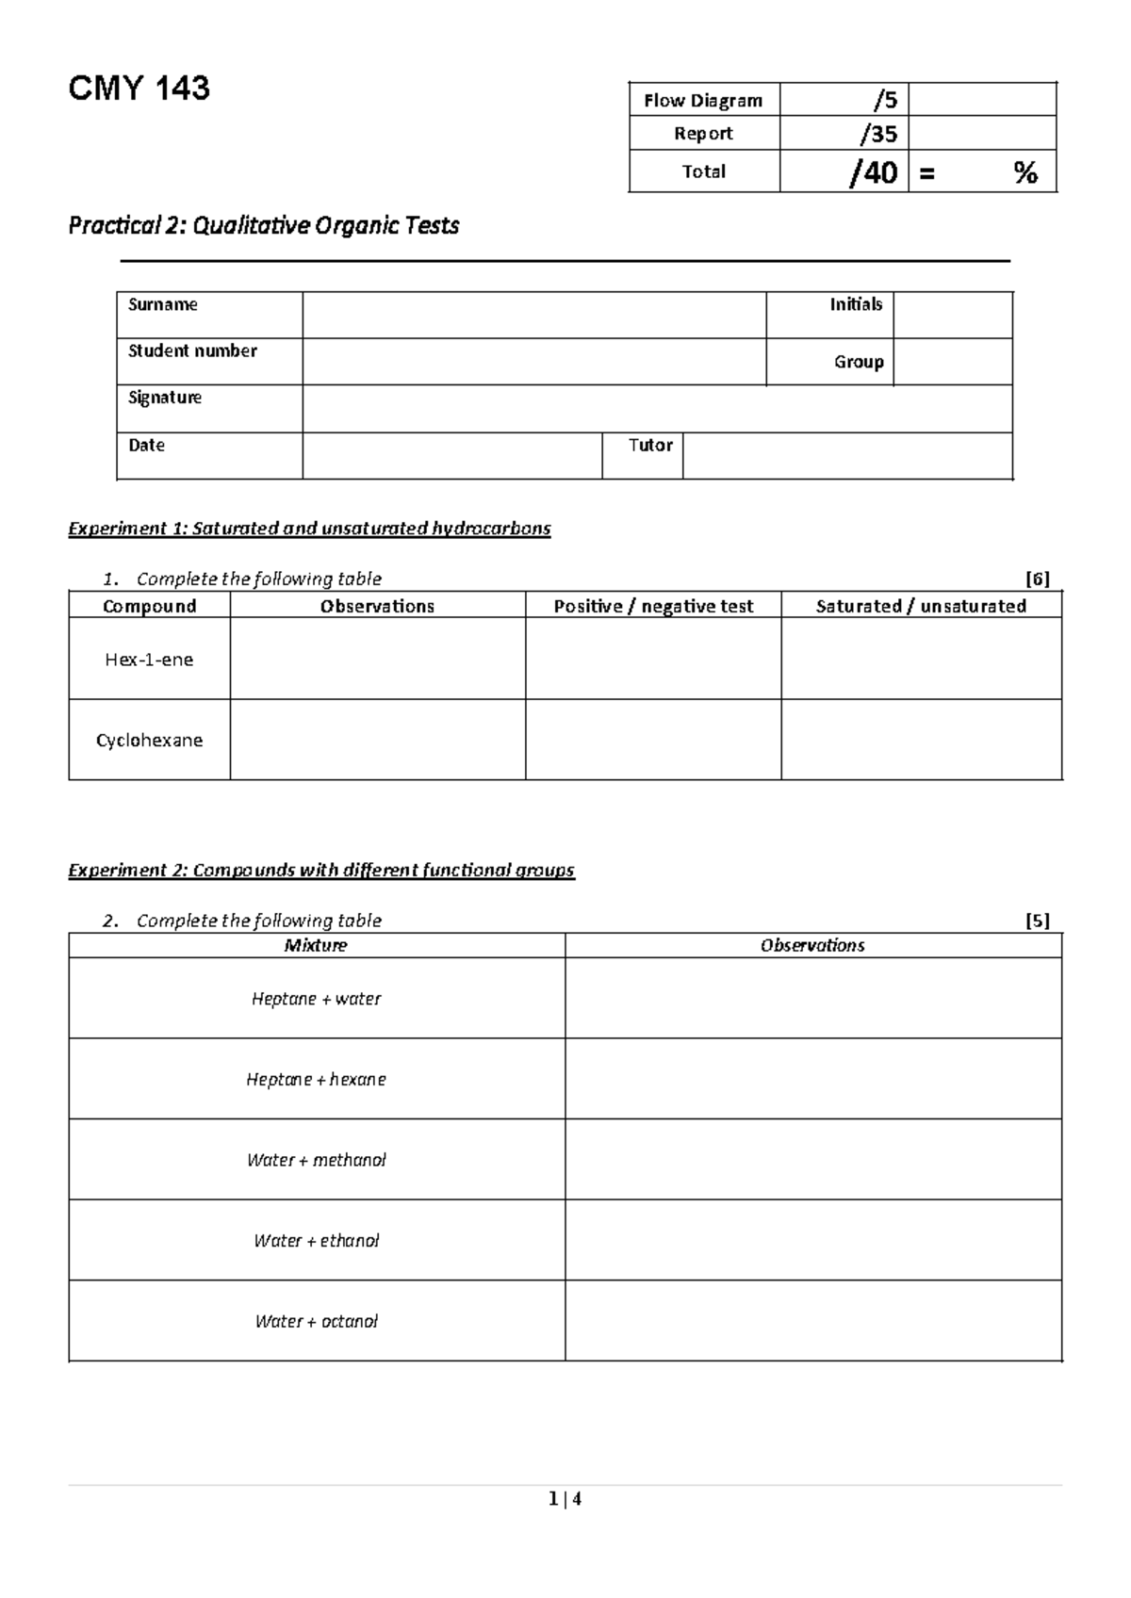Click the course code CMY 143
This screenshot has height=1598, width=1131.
[x=139, y=89]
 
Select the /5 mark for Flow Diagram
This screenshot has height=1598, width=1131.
[x=884, y=100]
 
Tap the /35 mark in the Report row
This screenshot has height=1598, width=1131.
[x=877, y=134]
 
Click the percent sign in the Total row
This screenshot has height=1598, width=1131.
[x=1025, y=172]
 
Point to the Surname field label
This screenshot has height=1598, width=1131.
[x=163, y=304]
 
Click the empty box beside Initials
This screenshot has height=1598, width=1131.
[x=952, y=315]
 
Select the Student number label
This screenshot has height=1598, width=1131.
[x=192, y=351]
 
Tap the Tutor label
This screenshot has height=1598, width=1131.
[x=650, y=445]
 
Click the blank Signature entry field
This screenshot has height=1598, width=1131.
[x=657, y=409]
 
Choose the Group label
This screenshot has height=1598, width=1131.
[x=858, y=362]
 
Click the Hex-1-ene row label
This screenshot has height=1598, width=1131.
[x=149, y=660]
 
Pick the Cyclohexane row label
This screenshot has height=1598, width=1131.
[x=149, y=741]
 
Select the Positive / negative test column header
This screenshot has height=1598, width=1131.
[x=653, y=606]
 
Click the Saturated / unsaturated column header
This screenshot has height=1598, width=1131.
[x=921, y=606]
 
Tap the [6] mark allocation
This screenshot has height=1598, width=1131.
[x=1037, y=579]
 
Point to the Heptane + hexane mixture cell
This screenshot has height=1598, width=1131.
[x=316, y=1080]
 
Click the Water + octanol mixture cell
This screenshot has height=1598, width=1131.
[x=316, y=1321]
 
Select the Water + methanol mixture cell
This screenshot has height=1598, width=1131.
[x=316, y=1160]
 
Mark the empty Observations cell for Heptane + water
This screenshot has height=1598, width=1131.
[x=812, y=999]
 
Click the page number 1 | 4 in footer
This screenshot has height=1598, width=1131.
[x=565, y=1499]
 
